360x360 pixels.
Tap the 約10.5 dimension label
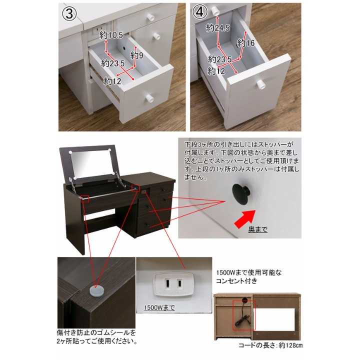click(x=111, y=35)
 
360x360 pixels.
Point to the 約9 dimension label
click(x=137, y=54)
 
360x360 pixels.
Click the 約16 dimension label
click(x=246, y=43)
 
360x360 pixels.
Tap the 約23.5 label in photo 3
click(x=112, y=63)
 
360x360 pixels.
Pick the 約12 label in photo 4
click(x=216, y=71)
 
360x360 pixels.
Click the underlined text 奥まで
click(x=258, y=229)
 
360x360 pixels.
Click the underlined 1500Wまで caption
click(x=159, y=307)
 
